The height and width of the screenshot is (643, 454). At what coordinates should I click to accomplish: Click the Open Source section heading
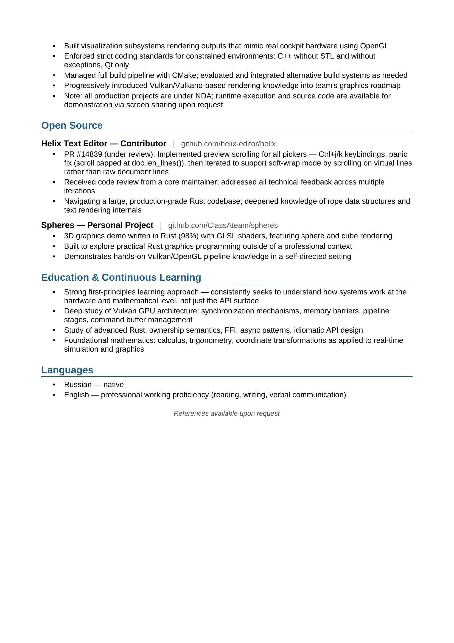coord(72,125)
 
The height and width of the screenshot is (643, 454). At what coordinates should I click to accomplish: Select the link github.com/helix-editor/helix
coord(228,144)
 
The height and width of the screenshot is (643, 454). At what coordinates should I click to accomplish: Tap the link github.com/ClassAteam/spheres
coord(223,225)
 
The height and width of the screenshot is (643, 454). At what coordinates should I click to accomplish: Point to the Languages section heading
coord(67,370)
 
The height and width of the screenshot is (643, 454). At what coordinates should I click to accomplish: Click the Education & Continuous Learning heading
coord(121,277)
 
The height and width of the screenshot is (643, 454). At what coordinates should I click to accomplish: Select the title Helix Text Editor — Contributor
coord(104,143)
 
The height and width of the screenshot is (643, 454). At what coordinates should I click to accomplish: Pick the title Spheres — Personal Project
coord(97,225)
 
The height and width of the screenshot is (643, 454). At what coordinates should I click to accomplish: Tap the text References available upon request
coord(226,413)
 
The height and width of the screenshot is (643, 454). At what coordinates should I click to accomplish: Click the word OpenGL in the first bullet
coord(374,46)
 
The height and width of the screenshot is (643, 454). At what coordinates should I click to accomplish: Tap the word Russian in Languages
coord(78,385)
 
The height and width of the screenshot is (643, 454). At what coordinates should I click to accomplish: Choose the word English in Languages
coord(76,395)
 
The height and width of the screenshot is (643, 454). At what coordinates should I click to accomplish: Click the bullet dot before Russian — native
coord(54,385)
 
